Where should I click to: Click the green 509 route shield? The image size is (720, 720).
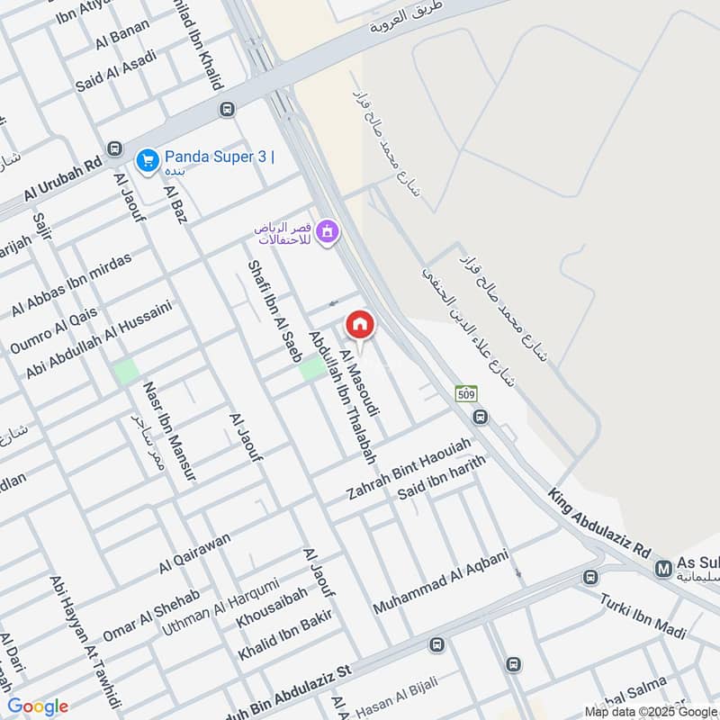[465, 393]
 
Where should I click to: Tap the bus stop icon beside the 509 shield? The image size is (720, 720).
[481, 417]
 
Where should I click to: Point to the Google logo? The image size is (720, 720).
[38, 706]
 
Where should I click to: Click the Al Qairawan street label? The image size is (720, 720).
[194, 553]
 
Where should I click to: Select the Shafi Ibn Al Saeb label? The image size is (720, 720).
[274, 311]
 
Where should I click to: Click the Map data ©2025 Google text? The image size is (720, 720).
[651, 710]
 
